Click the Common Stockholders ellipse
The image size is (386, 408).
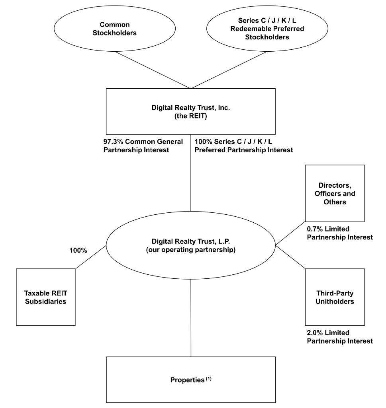(115, 29)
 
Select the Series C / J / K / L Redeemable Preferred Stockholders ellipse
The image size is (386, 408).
(267, 29)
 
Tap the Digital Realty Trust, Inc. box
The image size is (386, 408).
(191, 111)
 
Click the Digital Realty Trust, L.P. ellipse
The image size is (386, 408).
(191, 245)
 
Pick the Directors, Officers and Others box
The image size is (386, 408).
(335, 193)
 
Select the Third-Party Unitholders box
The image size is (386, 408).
(335, 297)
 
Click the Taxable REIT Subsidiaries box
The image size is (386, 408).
(46, 297)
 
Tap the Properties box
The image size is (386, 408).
(191, 380)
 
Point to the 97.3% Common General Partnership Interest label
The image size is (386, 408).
(143, 146)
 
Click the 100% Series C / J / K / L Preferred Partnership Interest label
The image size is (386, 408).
(244, 146)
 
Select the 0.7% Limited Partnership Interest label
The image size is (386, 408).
(340, 233)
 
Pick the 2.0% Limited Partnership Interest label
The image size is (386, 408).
(340, 337)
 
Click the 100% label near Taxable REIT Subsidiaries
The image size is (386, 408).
(78, 251)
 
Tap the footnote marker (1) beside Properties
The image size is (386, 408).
(208, 379)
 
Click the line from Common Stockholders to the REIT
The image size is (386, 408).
(153, 70)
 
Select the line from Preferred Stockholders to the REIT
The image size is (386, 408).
(229, 70)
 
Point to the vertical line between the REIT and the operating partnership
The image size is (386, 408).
(191, 173)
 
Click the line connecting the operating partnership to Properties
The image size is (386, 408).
(191, 318)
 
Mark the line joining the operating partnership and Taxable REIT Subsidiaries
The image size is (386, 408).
(91, 257)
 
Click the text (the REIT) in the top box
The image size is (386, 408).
(191, 116)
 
